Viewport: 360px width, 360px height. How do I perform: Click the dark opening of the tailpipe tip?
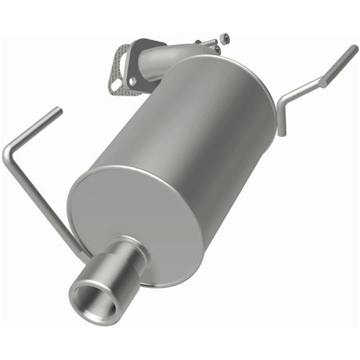point(94,297)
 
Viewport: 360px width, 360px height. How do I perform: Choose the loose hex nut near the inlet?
point(225,37)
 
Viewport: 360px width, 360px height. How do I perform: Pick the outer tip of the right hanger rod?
point(355,50)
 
